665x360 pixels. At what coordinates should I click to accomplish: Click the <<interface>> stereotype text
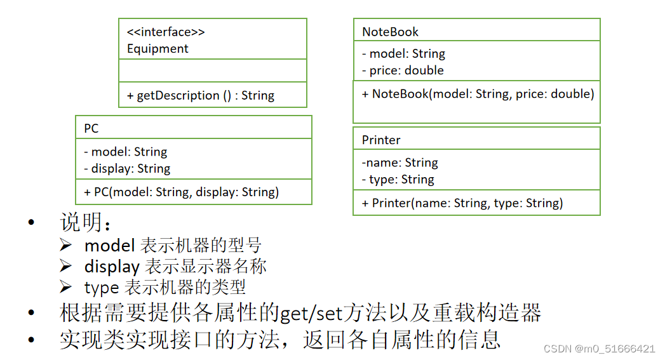click(x=166, y=32)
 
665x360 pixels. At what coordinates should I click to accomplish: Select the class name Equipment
click(x=158, y=49)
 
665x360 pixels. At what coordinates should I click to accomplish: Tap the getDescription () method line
click(x=201, y=96)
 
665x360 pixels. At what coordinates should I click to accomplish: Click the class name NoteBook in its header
click(x=390, y=32)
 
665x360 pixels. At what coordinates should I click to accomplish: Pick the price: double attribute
click(x=403, y=70)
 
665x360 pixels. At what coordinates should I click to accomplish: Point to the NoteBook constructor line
click(x=478, y=94)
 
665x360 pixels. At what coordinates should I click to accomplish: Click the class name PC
click(x=91, y=128)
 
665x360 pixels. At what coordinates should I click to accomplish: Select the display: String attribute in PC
click(x=127, y=169)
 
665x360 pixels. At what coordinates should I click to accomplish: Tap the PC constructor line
click(x=182, y=192)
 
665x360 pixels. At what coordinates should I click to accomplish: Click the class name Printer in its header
click(x=381, y=140)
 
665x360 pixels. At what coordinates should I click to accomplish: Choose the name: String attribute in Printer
click(x=400, y=163)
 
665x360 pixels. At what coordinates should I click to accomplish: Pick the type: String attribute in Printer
click(x=398, y=180)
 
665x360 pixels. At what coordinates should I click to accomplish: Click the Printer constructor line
click(x=462, y=203)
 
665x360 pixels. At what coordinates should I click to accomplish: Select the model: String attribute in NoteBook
click(x=403, y=54)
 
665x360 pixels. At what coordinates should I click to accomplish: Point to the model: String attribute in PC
click(x=126, y=152)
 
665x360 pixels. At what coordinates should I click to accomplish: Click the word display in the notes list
click(x=111, y=267)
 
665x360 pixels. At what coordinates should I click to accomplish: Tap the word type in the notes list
click(x=102, y=288)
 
